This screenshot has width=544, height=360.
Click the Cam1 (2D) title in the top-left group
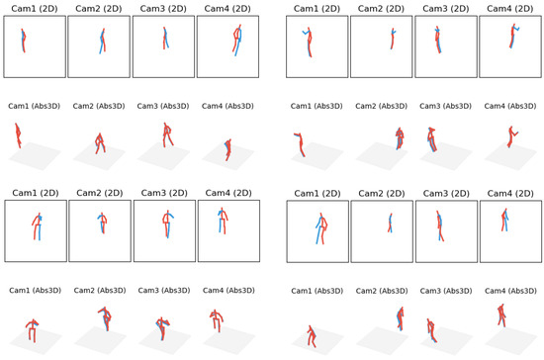pyautogui.click(x=35, y=7)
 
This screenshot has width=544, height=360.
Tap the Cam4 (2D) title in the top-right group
pyautogui.click(x=506, y=7)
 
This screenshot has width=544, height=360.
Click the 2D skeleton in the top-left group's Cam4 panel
pyautogui.click(x=236, y=40)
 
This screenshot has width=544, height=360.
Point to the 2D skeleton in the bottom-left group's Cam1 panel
pyautogui.click(x=37, y=227)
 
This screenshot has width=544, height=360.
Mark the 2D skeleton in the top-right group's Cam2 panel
pyautogui.click(x=392, y=38)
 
